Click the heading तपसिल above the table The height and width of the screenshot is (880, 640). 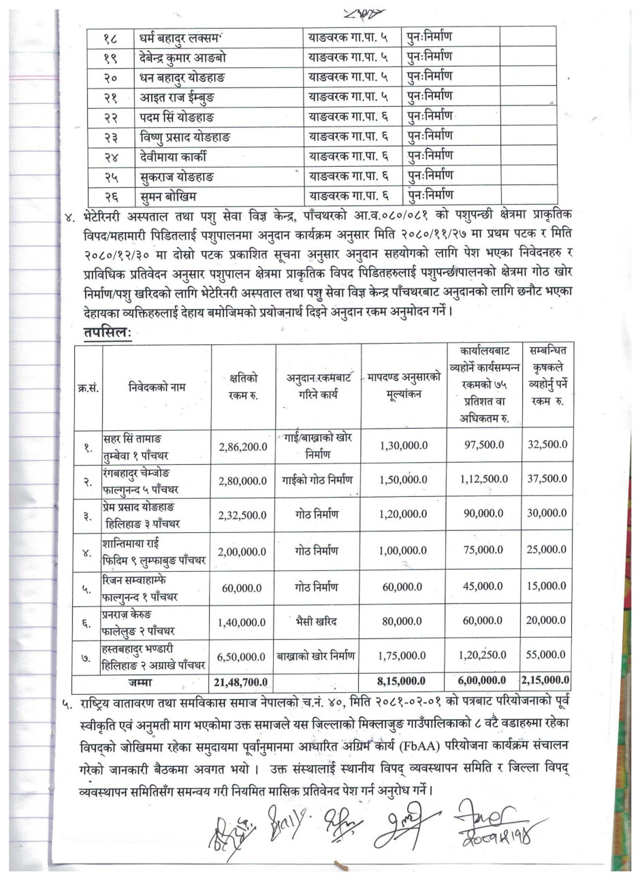pyautogui.click(x=112, y=333)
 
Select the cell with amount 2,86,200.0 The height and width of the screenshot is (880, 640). pyautogui.click(x=243, y=446)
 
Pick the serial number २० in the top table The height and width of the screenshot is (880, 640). pyautogui.click(x=112, y=76)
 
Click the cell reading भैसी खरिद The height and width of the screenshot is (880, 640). pyautogui.click(x=317, y=620)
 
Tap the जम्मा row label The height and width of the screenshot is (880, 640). pyautogui.click(x=157, y=680)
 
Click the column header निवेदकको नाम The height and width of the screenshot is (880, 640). pyautogui.click(x=157, y=387)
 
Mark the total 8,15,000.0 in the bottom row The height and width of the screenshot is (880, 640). pyautogui.click(x=402, y=680)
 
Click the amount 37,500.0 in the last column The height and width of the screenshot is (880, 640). pyautogui.click(x=547, y=480)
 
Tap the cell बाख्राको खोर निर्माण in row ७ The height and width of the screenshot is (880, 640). pyautogui.click(x=317, y=655)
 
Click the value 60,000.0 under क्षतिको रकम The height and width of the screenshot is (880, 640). pyautogui.click(x=243, y=586)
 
